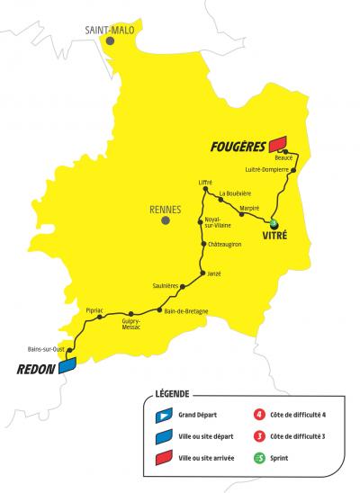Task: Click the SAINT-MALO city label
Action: point(109,30)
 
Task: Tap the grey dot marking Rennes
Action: point(165,220)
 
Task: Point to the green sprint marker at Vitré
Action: point(274,224)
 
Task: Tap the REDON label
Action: point(36,369)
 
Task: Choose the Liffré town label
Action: point(205,183)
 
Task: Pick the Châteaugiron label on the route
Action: point(229,243)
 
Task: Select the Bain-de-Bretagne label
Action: point(187,311)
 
